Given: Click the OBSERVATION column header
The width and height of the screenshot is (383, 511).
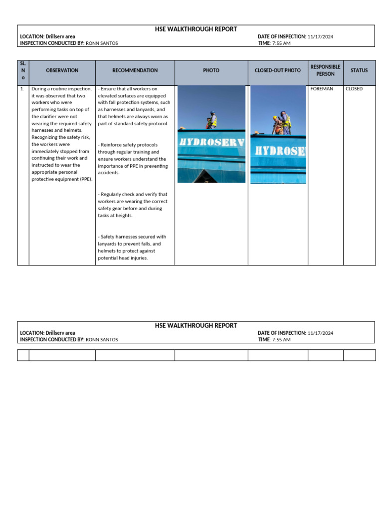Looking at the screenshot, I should (x=62, y=71).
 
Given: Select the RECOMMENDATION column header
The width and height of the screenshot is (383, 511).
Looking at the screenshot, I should (x=135, y=71).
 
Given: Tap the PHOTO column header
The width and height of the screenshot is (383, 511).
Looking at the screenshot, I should (x=211, y=71).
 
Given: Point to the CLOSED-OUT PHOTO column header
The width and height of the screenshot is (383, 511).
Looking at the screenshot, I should (x=277, y=71).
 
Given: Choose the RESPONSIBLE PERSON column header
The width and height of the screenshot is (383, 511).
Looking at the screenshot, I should (x=325, y=70).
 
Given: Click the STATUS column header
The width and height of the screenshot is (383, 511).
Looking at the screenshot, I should (x=359, y=71).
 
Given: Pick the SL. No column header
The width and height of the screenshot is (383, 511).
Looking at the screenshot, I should (x=23, y=70).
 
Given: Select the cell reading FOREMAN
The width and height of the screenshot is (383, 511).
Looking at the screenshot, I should (x=322, y=89).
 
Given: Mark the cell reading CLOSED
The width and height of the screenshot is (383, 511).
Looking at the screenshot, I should (x=354, y=89).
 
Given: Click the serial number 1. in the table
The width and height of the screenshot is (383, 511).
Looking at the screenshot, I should (x=22, y=89).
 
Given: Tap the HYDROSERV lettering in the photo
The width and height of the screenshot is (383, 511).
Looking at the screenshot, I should (x=211, y=142).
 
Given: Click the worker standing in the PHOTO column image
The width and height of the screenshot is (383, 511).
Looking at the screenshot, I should (x=212, y=120).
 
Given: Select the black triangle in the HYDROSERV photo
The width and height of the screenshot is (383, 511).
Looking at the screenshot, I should (x=206, y=176).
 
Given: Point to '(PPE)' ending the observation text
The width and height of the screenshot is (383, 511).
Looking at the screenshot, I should (x=85, y=179).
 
